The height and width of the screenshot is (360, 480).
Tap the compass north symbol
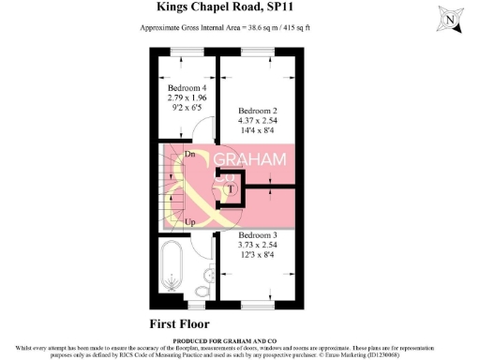click(x=452, y=18)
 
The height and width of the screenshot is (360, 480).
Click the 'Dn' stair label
click(x=190, y=154)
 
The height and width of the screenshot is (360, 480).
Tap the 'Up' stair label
click(x=190, y=222)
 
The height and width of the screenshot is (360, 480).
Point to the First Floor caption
click(x=186, y=324)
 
